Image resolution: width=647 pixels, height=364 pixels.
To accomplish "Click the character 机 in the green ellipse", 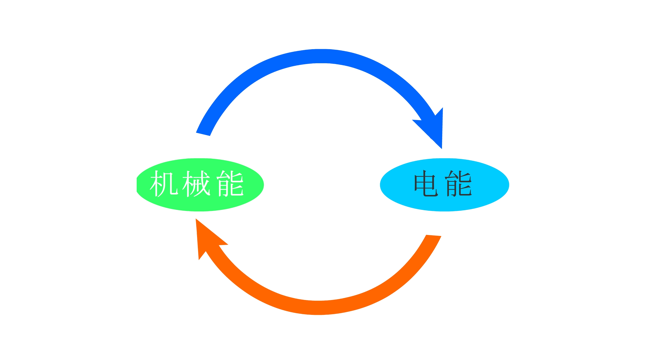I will click(164, 184).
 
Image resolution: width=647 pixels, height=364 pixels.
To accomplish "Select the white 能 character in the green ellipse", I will click(230, 184).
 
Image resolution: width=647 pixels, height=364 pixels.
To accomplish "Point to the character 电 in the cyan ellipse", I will click(426, 184).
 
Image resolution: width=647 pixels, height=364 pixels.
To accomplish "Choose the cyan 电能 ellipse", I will click(445, 202).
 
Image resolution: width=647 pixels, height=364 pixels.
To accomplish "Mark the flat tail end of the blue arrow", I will click(203, 134).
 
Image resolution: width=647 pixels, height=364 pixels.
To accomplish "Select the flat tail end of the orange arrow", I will click(434, 235).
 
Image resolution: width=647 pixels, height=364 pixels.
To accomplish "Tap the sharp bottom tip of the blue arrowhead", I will click(442, 148).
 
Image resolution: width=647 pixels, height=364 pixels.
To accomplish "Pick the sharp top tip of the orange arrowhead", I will click(196, 219).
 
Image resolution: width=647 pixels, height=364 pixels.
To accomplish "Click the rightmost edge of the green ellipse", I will click(263, 185).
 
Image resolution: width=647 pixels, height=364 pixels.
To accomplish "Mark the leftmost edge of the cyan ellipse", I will click(381, 185).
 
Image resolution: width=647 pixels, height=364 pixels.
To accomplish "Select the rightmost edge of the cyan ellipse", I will click(509, 185).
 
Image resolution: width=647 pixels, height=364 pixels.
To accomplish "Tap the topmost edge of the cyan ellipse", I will click(445, 159).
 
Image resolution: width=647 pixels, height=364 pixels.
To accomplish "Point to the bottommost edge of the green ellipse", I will click(200, 211).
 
